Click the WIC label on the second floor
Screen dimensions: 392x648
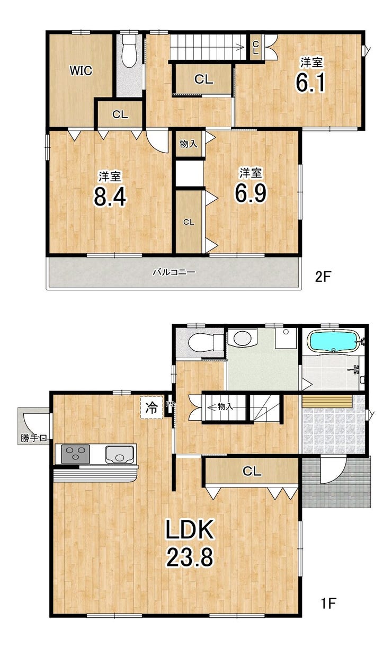(x=81, y=70)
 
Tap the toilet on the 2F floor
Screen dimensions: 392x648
(x=129, y=51)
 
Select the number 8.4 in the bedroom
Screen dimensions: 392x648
(x=110, y=197)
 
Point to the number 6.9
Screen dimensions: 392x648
(x=251, y=193)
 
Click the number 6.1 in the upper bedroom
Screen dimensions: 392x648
(x=311, y=82)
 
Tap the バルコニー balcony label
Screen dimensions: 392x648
(x=174, y=272)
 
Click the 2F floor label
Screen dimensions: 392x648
(x=323, y=277)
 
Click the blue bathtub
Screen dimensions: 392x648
(x=334, y=341)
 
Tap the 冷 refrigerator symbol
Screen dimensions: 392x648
(x=152, y=407)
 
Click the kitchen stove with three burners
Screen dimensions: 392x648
(x=75, y=454)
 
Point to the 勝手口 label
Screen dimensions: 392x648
(x=33, y=438)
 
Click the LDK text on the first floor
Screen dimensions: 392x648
(x=190, y=530)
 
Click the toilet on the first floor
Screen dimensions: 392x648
(x=206, y=343)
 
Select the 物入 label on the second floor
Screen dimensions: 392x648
(x=189, y=144)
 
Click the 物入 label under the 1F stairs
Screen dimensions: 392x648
(x=225, y=406)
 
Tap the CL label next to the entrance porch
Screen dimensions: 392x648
(x=252, y=472)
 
